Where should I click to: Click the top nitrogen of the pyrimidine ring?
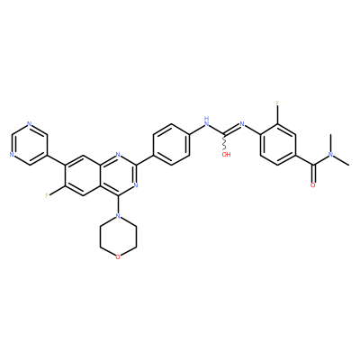click(29, 124)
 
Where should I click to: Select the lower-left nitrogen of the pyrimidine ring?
click(12, 155)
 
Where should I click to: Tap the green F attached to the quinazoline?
click(47, 195)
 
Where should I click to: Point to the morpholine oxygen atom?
click(118, 257)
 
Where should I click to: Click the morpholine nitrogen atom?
click(118, 216)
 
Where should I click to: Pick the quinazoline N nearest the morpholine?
click(136, 185)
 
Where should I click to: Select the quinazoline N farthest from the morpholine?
click(118, 155)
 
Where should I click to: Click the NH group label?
click(206, 121)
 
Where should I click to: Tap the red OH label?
click(227, 155)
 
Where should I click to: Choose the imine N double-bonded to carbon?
click(242, 124)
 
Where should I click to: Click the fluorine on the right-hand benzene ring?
click(278, 103)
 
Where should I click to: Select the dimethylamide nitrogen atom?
click(330, 155)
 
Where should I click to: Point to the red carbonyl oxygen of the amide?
click(313, 185)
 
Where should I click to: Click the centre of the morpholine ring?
click(118, 237)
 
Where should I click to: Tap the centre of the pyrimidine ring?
click(29, 145)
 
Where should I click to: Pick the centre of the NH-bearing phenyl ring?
click(171, 145)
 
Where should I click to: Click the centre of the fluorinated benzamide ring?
click(278, 145)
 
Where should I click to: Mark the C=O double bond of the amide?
click(313, 174)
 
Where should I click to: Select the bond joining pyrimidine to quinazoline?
click(56, 160)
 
